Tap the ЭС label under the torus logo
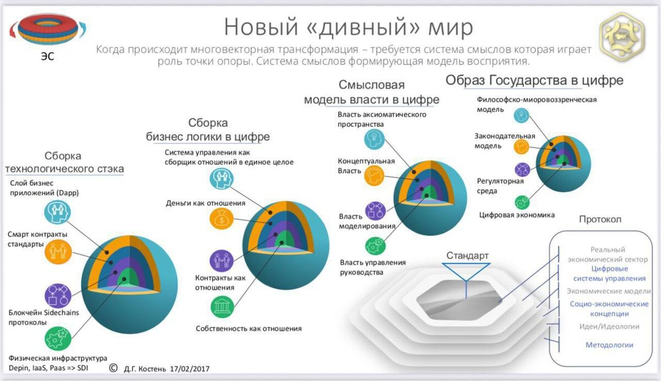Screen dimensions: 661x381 [48, 56]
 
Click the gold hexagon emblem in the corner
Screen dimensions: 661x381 [624, 35]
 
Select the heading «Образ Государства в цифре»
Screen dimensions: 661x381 [534, 80]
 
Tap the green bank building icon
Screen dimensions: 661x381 [222, 306]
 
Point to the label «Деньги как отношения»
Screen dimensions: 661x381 [205, 203]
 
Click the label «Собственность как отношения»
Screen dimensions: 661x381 [248, 329]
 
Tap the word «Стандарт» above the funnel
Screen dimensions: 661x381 [467, 256]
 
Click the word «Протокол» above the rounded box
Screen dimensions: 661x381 [600, 219]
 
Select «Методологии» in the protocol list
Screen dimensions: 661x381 [609, 345]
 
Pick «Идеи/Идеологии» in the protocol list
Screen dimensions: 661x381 [609, 326]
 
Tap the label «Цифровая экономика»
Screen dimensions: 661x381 [517, 215]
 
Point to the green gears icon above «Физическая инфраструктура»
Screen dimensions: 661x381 [57, 339]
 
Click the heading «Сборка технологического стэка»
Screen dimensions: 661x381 [64, 162]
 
